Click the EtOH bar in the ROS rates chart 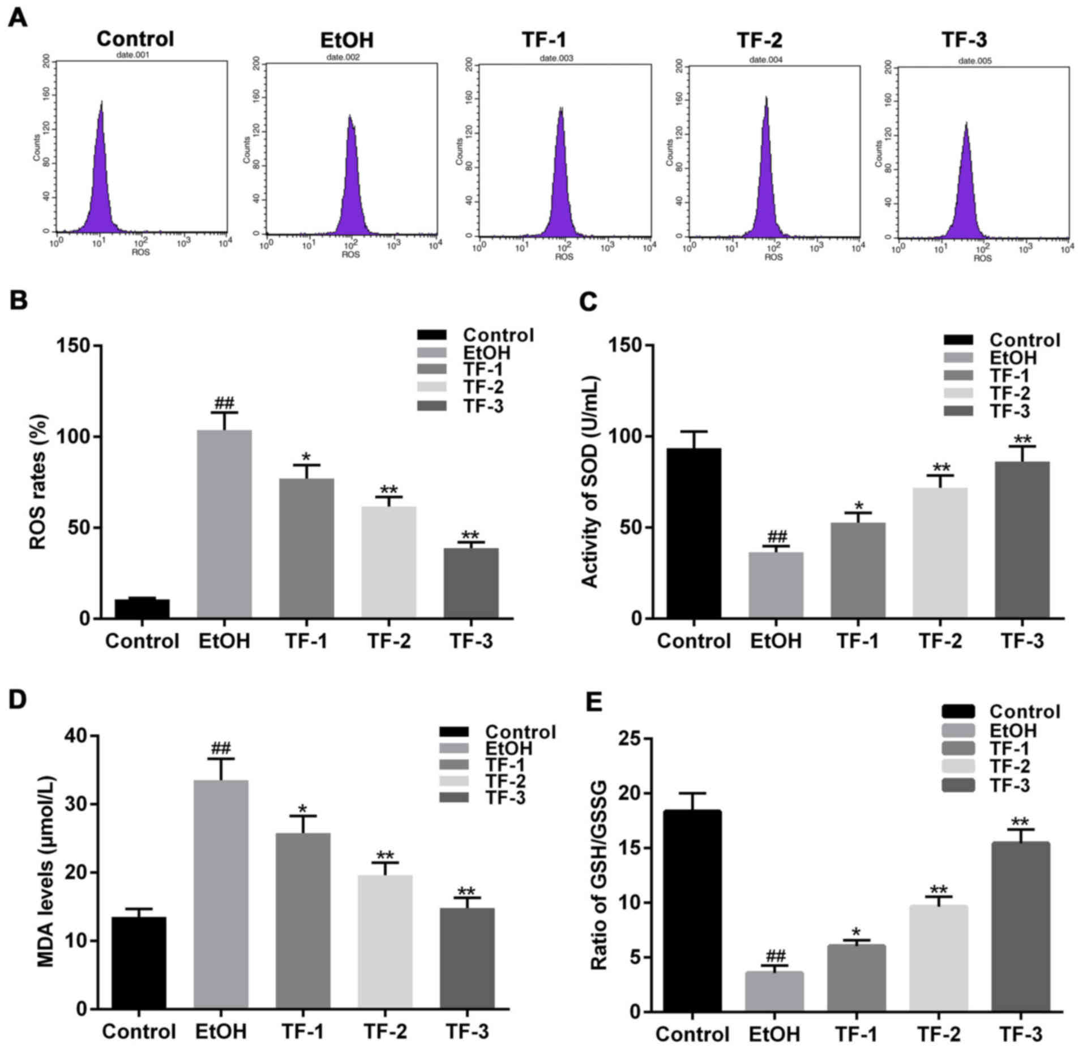pyautogui.click(x=224, y=523)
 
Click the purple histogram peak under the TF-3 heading pyautogui.click(x=966, y=187)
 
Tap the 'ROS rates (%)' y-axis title pyautogui.click(x=38, y=481)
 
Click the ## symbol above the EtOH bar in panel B pyautogui.click(x=224, y=404)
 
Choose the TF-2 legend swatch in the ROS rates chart pyautogui.click(x=432, y=387)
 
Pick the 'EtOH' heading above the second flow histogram pyautogui.click(x=347, y=40)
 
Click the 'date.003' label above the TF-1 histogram pyautogui.click(x=557, y=58)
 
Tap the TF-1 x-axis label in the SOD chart pyautogui.click(x=858, y=641)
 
